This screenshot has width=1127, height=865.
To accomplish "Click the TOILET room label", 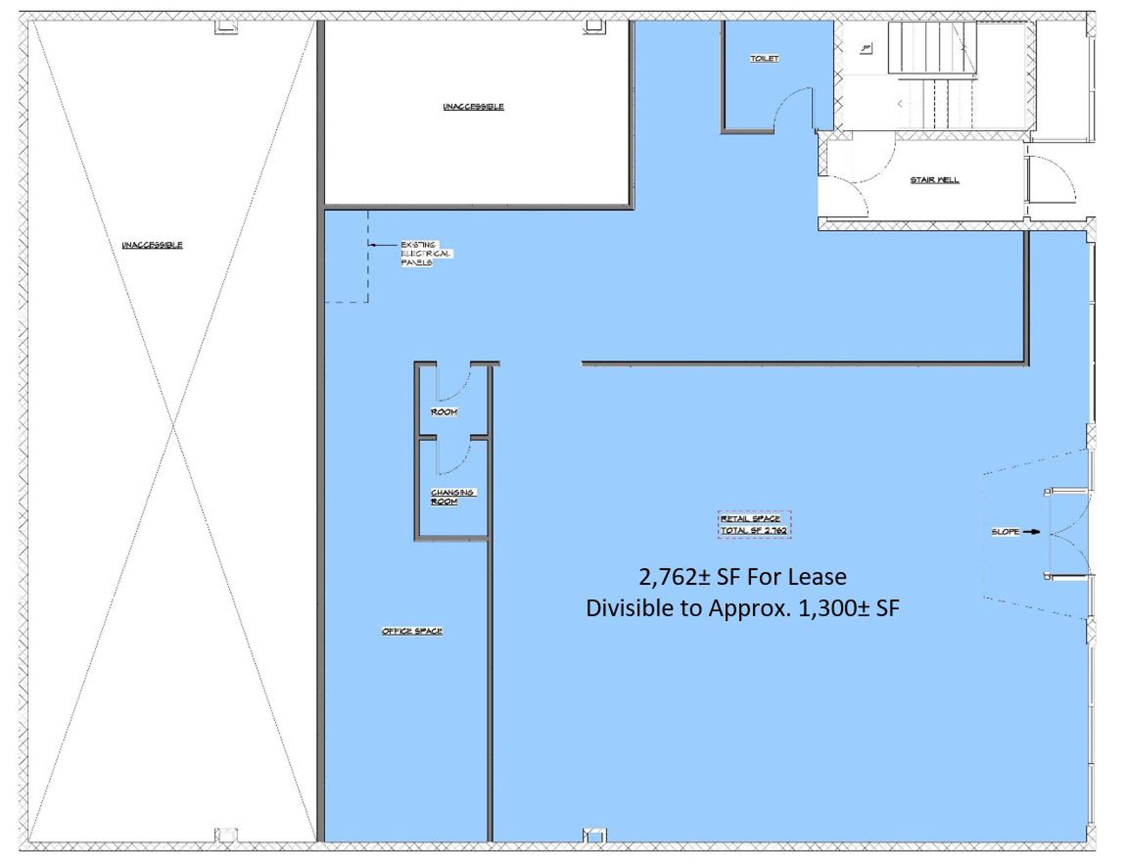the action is coord(764,58).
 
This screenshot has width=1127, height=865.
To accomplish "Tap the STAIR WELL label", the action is coord(935,179).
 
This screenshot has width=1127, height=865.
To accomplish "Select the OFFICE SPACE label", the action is coord(412,631).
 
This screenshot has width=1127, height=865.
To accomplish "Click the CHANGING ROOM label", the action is coord(453,497).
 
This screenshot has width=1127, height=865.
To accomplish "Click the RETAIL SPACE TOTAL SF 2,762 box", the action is coord(754,525).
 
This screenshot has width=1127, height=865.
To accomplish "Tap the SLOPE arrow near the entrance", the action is coord(1031,532).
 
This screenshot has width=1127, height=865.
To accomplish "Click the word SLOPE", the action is coord(1005,532).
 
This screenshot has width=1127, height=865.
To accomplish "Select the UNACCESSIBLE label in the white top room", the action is coord(473,106).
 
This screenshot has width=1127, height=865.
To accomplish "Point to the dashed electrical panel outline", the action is coord(368,257).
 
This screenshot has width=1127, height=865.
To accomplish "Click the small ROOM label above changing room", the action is coord(444,412).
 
